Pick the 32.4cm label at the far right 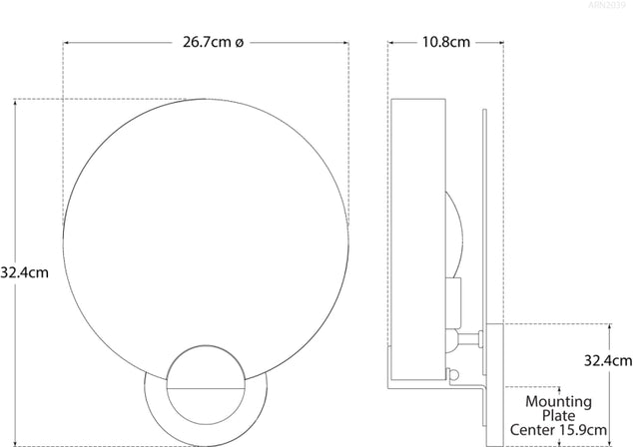pyautogui.click(x=608, y=360)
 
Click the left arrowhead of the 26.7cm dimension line pyautogui.click(x=68, y=44)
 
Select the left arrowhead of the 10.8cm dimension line pyautogui.click(x=391, y=44)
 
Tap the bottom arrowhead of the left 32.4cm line pyautogui.click(x=16, y=440)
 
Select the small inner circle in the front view pyautogui.click(x=205, y=384)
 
